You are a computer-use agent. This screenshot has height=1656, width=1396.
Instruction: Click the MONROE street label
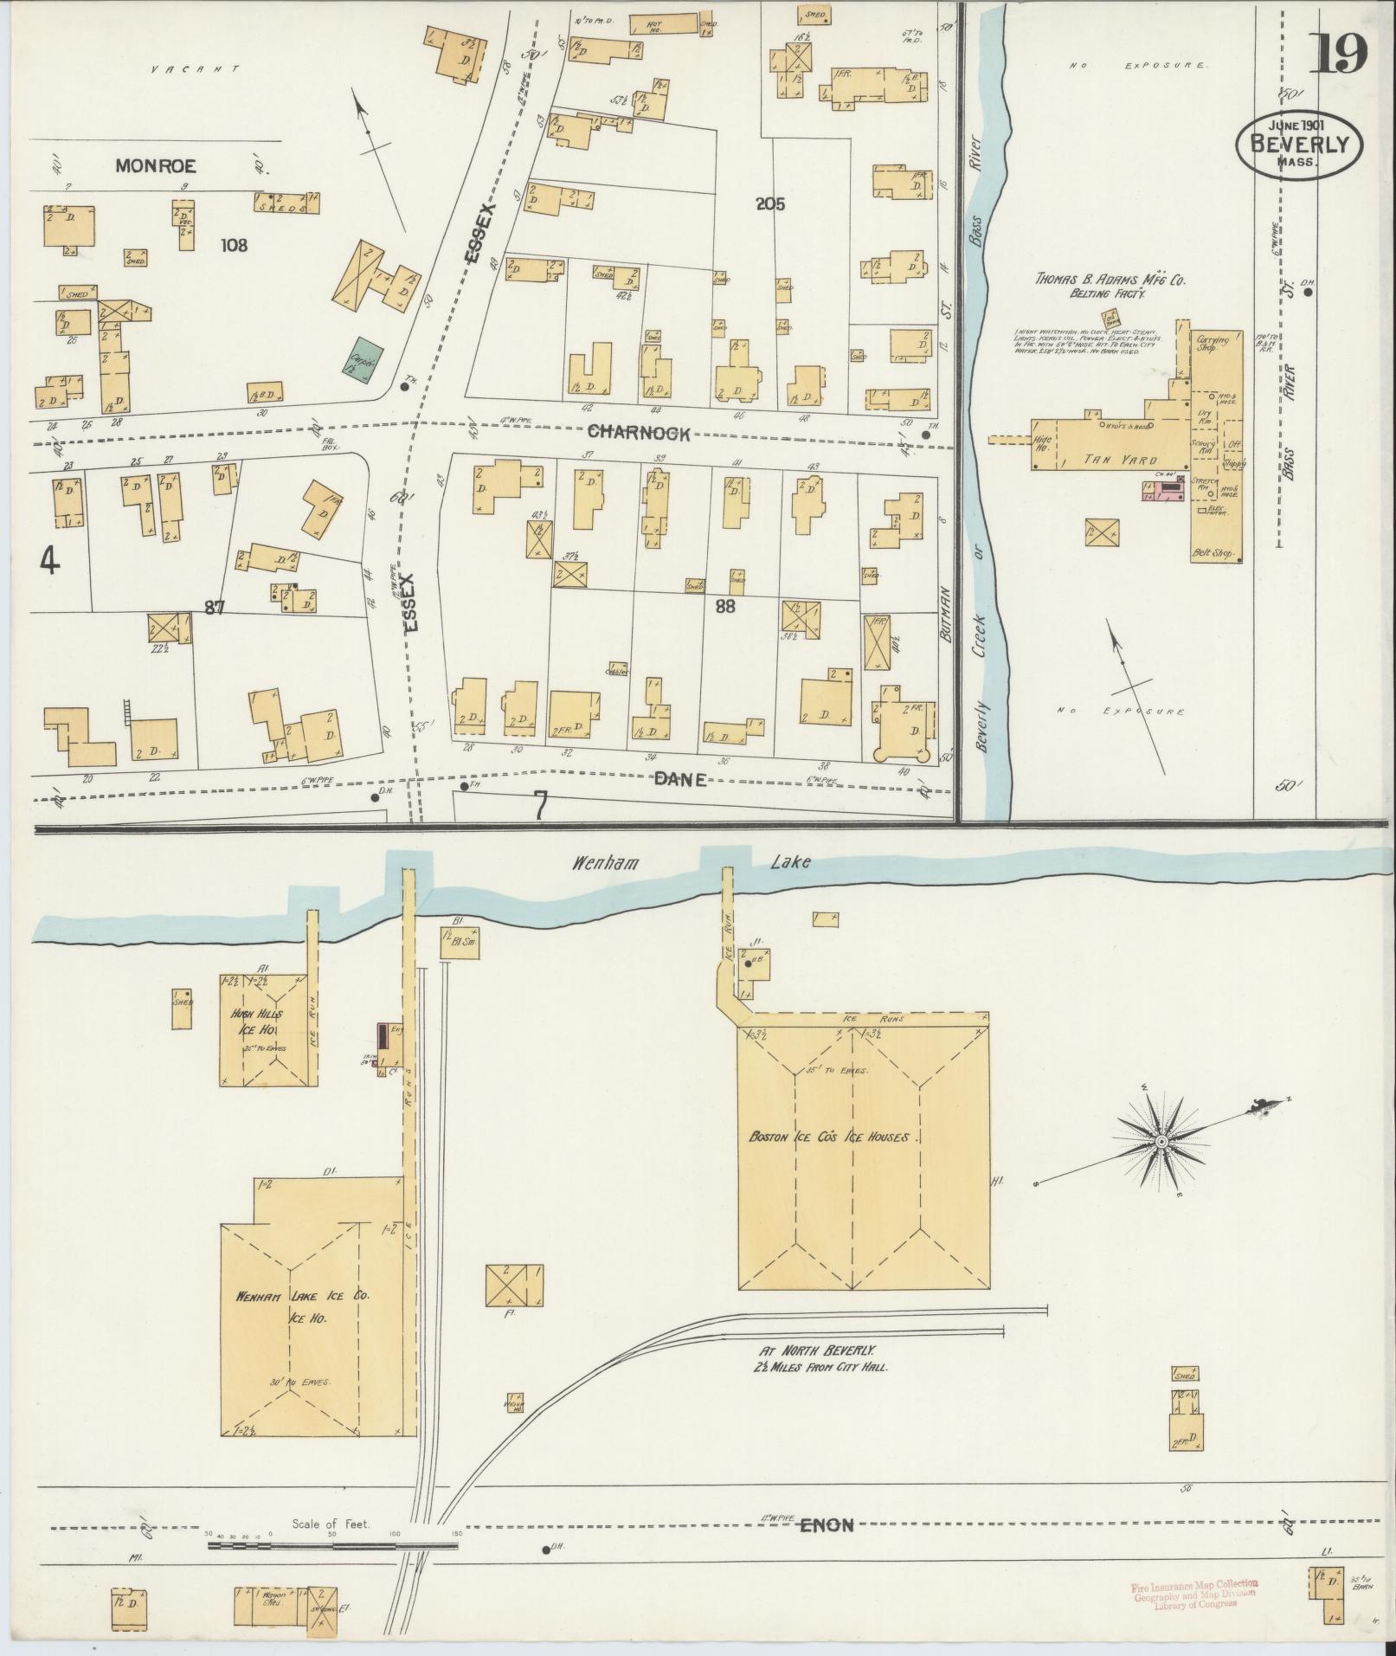[x=157, y=165]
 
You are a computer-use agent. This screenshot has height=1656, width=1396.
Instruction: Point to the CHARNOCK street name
[x=639, y=433]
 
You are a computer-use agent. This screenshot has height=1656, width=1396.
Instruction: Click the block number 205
[x=769, y=204]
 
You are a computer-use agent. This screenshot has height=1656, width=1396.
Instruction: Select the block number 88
[x=724, y=606]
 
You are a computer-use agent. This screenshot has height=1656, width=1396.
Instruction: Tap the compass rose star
[x=1161, y=1144]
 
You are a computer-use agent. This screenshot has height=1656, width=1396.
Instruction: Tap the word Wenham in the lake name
[x=592, y=863]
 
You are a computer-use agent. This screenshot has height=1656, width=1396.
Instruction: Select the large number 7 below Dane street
[x=540, y=806]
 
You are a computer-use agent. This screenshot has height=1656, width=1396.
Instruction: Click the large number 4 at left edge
[x=49, y=563]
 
